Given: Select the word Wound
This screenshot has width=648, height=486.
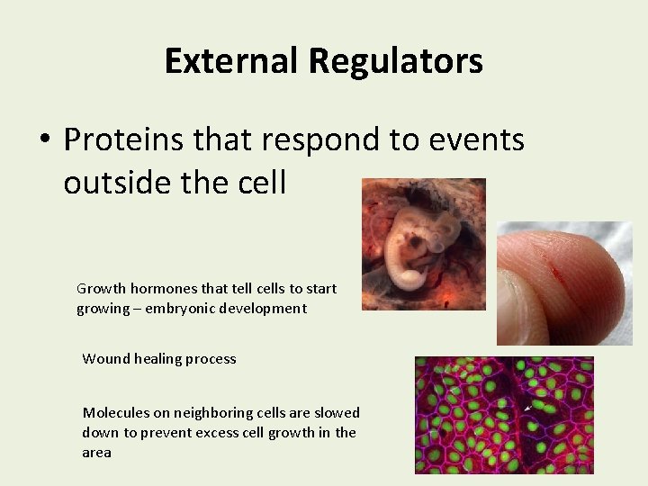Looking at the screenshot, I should [104, 358].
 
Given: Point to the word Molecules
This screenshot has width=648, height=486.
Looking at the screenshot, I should [115, 412].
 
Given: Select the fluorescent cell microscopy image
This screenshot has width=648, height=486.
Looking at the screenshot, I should [503, 415].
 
